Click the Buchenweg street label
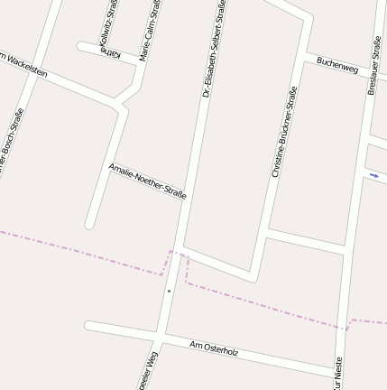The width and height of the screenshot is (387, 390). click(337, 66)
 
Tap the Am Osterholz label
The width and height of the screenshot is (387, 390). click(214, 348)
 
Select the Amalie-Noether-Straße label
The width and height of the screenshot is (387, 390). click(147, 181)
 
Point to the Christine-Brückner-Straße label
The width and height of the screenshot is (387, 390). click(284, 132)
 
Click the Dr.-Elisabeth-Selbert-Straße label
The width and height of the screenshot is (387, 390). click(214, 49)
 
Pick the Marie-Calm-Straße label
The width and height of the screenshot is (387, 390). click(150, 29)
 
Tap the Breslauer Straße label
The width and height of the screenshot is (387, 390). click(373, 65)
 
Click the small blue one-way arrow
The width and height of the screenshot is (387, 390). click(374, 175)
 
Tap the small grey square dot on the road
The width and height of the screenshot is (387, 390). click(169, 291)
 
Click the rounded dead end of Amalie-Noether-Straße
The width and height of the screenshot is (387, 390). click(90, 223)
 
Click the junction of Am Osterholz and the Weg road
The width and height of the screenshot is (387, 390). click(160, 337)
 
